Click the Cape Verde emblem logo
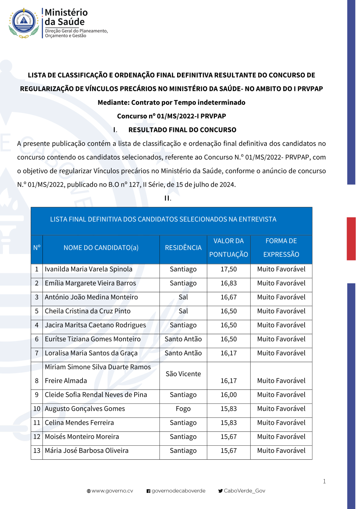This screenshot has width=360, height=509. click(x=24, y=22)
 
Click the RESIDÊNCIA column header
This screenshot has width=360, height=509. click(x=183, y=248)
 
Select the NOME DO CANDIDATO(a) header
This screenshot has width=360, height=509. click(x=101, y=248)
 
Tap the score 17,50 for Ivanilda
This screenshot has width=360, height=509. click(x=229, y=269)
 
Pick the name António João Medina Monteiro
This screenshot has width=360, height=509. click(x=91, y=297)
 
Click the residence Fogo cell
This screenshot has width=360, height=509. click(x=183, y=409)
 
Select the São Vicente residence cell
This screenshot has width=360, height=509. click(x=183, y=374)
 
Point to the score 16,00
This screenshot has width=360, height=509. click(x=229, y=395)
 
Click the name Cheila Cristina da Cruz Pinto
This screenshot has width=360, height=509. click(x=87, y=312)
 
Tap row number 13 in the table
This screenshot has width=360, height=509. click(x=37, y=451)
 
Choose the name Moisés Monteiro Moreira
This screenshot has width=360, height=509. click(x=82, y=437)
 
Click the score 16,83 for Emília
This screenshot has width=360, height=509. click(x=229, y=283)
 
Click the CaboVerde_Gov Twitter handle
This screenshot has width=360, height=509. click(x=244, y=491)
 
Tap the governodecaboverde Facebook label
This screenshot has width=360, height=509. click(x=178, y=491)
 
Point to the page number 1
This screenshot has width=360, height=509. click(x=324, y=481)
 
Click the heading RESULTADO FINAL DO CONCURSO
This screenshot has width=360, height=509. click(x=182, y=130)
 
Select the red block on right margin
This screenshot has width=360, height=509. click(x=351, y=238)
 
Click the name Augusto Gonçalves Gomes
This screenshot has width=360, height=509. click(x=85, y=409)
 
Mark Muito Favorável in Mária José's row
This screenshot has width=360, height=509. click(x=281, y=451)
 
